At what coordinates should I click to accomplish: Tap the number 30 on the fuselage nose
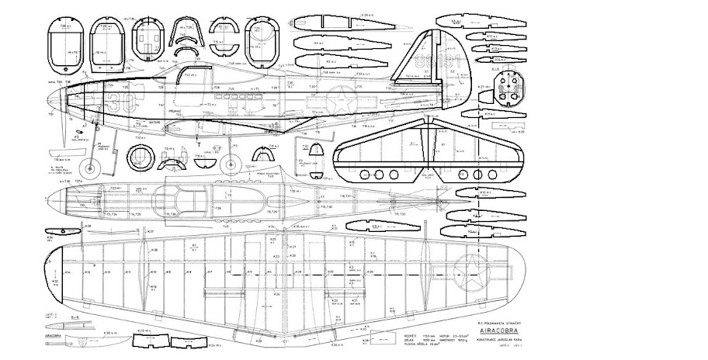click(x=116, y=99)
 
